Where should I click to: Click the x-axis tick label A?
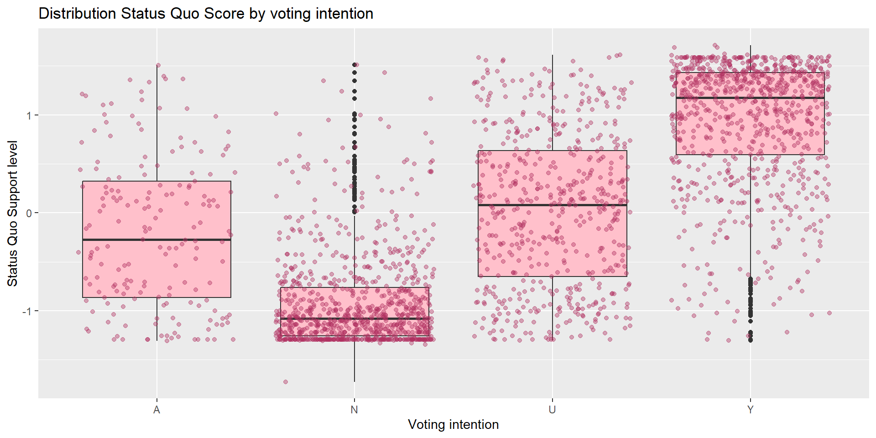pyautogui.click(x=156, y=410)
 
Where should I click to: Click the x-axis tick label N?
pyautogui.click(x=354, y=410)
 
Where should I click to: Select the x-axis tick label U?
pyautogui.click(x=552, y=410)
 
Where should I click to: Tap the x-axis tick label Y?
pyautogui.click(x=750, y=410)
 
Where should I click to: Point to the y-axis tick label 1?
pyautogui.click(x=29, y=115)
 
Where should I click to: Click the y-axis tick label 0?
pyautogui.click(x=29, y=213)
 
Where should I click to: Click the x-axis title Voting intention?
pyautogui.click(x=453, y=425)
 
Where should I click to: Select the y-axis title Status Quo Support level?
pyautogui.click(x=13, y=214)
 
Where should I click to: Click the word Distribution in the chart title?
pyautogui.click(x=78, y=14)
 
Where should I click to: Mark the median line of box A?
pyautogui.click(x=156, y=240)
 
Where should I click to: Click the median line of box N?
pyautogui.click(x=355, y=318)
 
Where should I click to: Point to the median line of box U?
pyautogui.click(x=552, y=205)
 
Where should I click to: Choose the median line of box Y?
pyautogui.click(x=750, y=98)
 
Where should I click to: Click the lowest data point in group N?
pyautogui.click(x=286, y=382)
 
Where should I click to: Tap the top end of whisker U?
pyautogui.click(x=553, y=55)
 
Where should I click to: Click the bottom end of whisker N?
pyautogui.click(x=355, y=381)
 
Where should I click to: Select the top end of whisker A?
pyautogui.click(x=157, y=65)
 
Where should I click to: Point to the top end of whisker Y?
pyautogui.click(x=751, y=46)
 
